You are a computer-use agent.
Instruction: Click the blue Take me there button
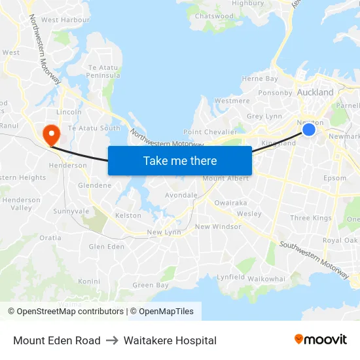[180, 160]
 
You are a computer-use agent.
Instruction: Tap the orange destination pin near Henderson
[50, 134]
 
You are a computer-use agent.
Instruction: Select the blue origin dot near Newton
[309, 130]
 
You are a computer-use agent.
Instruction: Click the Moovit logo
[321, 339]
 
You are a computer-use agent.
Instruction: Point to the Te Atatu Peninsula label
[101, 72]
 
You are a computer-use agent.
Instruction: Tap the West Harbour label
[65, 20]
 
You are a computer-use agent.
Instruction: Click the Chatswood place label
[213, 16]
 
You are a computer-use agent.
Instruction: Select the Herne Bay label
[260, 79]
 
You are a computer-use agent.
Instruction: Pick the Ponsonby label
[275, 93]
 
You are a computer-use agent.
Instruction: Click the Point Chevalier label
[209, 132]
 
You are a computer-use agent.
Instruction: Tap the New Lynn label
[163, 232]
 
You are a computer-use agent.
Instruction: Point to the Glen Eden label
[106, 247]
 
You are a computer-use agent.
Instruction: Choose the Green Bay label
[151, 285]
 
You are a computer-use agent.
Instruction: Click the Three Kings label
[310, 218]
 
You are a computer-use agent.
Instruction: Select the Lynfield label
[230, 278]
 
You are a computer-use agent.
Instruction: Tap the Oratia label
[50, 238]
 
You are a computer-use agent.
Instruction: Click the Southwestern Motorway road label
[314, 261]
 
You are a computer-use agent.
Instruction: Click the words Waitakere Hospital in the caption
[170, 340]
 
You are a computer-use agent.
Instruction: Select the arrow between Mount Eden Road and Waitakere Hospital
[112, 340]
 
